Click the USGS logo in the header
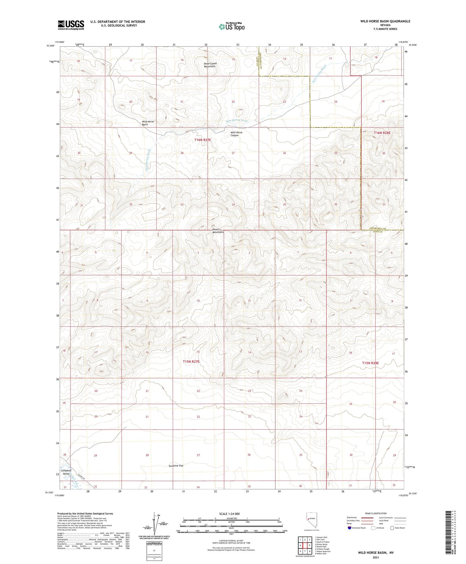coord(71,25)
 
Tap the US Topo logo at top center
coord(232,26)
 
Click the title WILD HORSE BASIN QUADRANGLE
coord(385,21)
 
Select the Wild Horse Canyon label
coord(236,134)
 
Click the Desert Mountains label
coord(218,231)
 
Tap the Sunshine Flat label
coord(176,466)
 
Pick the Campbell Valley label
coord(66,472)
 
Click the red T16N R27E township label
coord(203,140)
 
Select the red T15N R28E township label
coord(370,363)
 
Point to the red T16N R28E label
coord(382,133)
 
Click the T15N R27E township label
coord(191,361)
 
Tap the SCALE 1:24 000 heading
coord(230,514)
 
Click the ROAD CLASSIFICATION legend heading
coord(376,513)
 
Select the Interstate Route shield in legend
coord(350,528)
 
